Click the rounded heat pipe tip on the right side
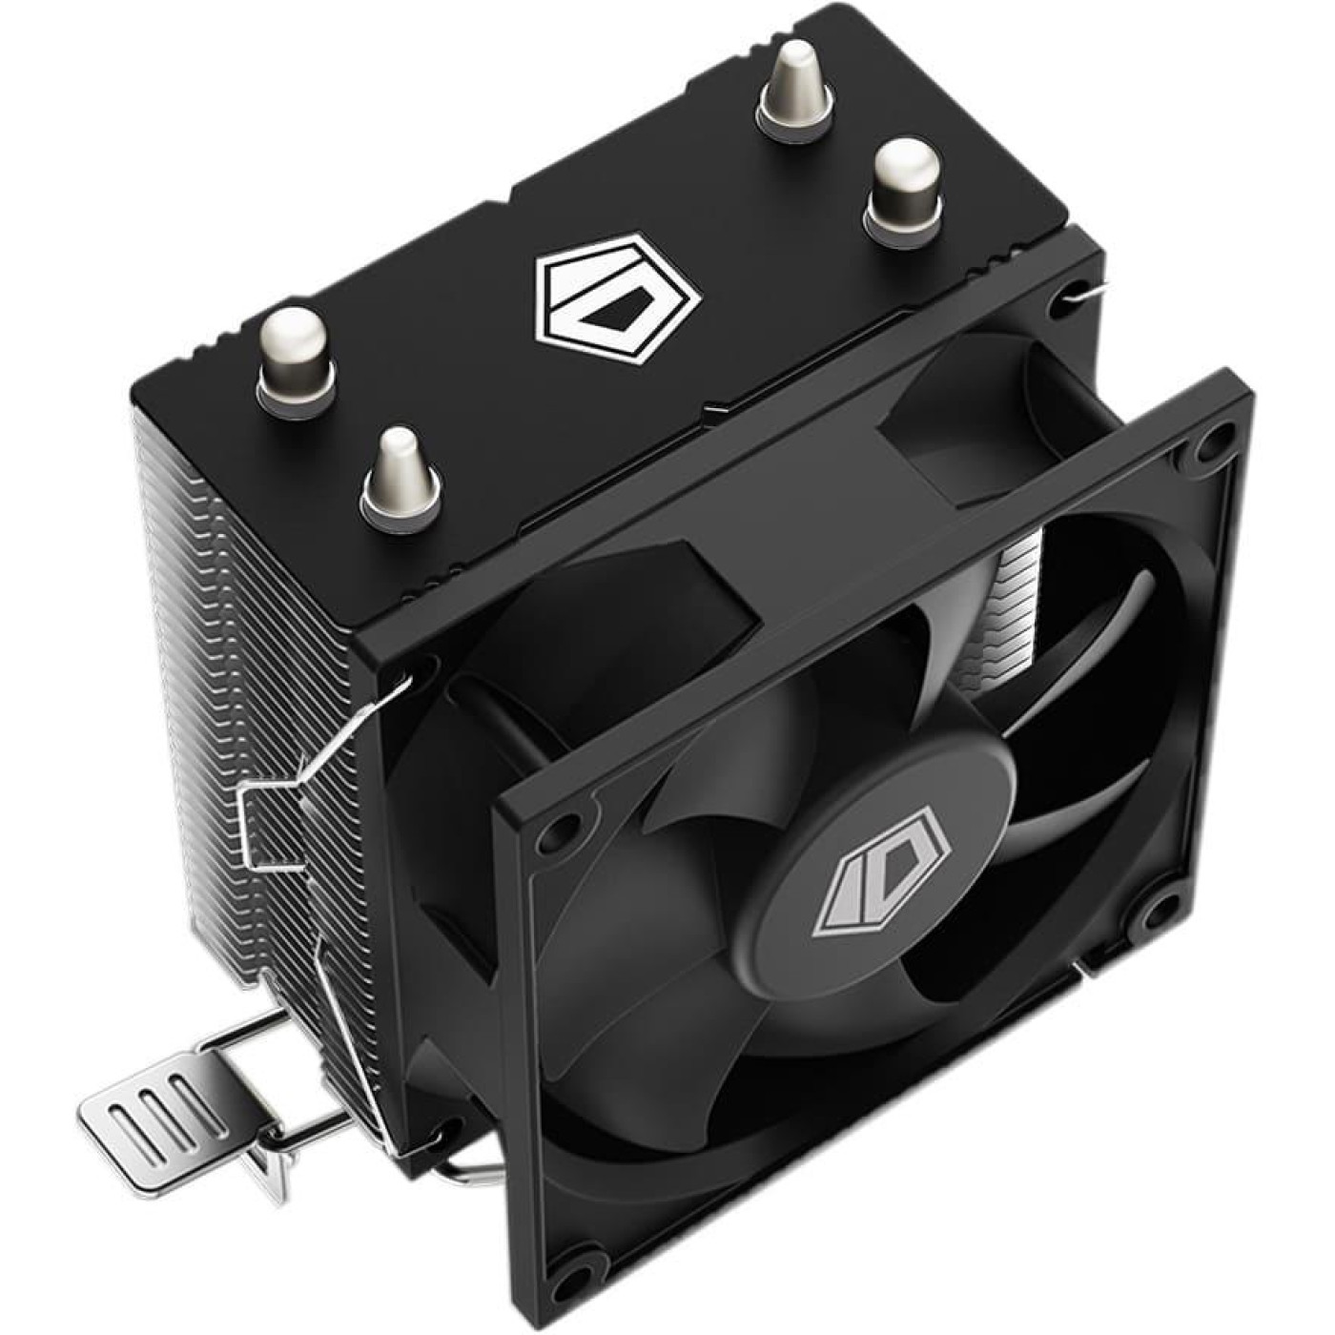tap(903, 182)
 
